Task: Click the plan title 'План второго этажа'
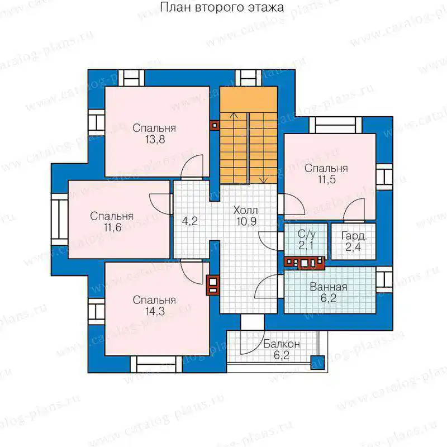point(222,8)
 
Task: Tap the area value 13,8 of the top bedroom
point(155,140)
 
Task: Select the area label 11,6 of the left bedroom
point(113,227)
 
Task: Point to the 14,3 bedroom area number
point(155,311)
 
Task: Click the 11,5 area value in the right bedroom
point(327,179)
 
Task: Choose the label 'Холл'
point(246,211)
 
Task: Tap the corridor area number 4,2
point(189,221)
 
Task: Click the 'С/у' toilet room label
point(306,234)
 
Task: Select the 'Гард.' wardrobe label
point(354,236)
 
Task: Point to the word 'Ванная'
point(329,287)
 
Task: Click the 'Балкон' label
point(282,344)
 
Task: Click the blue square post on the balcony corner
point(317,362)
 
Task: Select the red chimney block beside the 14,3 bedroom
point(213,286)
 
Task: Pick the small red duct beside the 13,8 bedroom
point(215,125)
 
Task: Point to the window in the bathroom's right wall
point(384,280)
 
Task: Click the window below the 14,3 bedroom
point(156,365)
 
